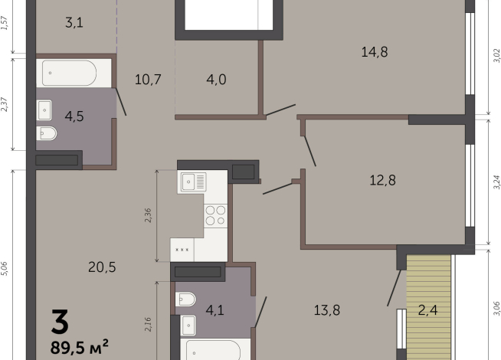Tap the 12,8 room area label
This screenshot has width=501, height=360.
(384, 181)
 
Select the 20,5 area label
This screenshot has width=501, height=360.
(101, 267)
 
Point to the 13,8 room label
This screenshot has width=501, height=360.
(327, 310)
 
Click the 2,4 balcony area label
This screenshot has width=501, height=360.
(429, 310)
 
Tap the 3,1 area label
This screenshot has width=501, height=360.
(74, 23)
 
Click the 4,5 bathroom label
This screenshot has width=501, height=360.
(74, 117)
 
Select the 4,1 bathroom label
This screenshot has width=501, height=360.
(215, 310)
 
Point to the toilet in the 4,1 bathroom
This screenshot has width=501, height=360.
(186, 299)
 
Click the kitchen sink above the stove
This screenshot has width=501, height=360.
(193, 182)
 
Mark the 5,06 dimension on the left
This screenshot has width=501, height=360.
(5, 268)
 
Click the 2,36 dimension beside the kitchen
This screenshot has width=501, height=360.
(149, 215)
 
